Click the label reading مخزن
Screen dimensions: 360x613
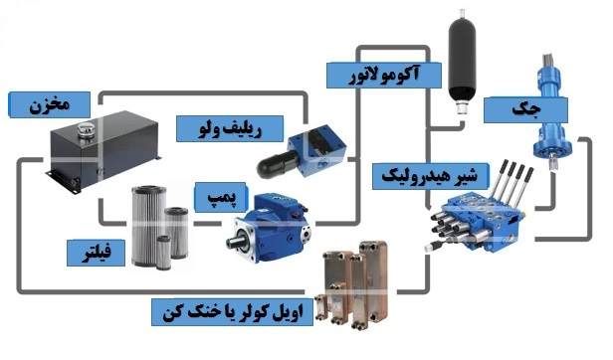pos(50,102)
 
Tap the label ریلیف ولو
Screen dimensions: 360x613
pos(231,127)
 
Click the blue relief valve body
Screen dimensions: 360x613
pos(323,143)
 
